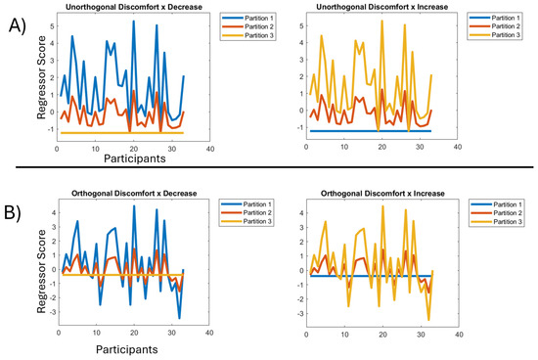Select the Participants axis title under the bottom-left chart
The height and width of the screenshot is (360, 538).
(x=127, y=346)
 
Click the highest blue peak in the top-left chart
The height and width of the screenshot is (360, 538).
(x=133, y=22)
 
